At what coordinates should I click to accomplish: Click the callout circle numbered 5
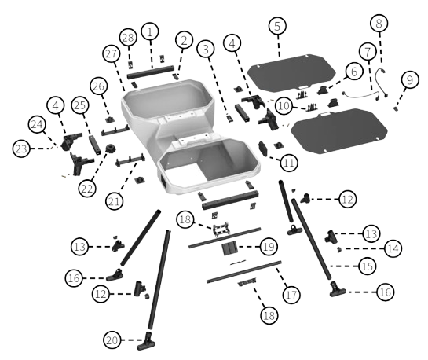[x=277, y=26]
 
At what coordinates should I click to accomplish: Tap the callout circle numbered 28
[x=128, y=38]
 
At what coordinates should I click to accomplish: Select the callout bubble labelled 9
[x=410, y=79]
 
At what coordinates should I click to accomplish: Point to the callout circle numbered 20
[x=112, y=340]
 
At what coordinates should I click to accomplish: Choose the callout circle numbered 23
[x=21, y=149]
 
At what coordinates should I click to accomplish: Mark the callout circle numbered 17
[x=291, y=295]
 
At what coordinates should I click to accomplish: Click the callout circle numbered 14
[x=393, y=248]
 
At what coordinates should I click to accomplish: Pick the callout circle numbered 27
[x=111, y=53]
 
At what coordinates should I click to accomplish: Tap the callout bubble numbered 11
[x=289, y=163]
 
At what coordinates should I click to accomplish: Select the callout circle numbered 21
[x=114, y=201]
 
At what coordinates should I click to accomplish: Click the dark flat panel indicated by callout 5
[x=291, y=72]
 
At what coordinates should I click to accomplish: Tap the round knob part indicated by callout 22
[x=111, y=149]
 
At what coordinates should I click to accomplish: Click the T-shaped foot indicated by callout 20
[x=146, y=342]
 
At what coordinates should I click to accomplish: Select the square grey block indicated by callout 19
[x=230, y=248]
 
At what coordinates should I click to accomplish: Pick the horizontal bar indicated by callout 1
[x=151, y=72]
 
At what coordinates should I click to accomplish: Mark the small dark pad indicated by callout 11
[x=264, y=149]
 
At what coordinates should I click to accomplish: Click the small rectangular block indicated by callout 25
[x=94, y=145]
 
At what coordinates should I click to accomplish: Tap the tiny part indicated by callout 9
[x=395, y=109]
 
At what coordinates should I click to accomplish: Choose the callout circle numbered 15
[x=367, y=266]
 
